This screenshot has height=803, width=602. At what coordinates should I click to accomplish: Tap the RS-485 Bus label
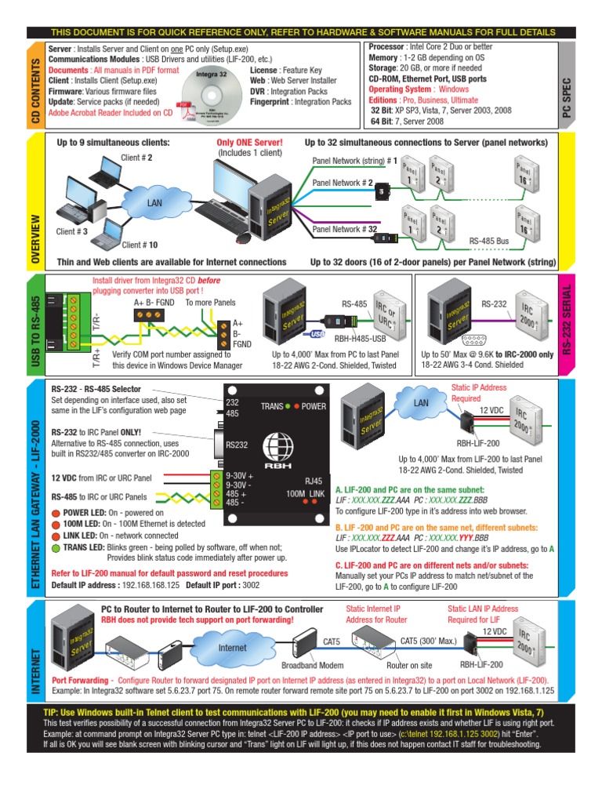pos(490,242)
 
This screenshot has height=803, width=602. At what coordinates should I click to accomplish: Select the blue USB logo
pos(317,332)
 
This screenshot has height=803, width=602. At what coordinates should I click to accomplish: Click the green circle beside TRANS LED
pos(56,547)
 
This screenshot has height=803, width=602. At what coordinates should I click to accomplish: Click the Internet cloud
pos(232,648)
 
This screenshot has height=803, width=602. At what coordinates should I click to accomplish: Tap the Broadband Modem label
pos(314,665)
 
